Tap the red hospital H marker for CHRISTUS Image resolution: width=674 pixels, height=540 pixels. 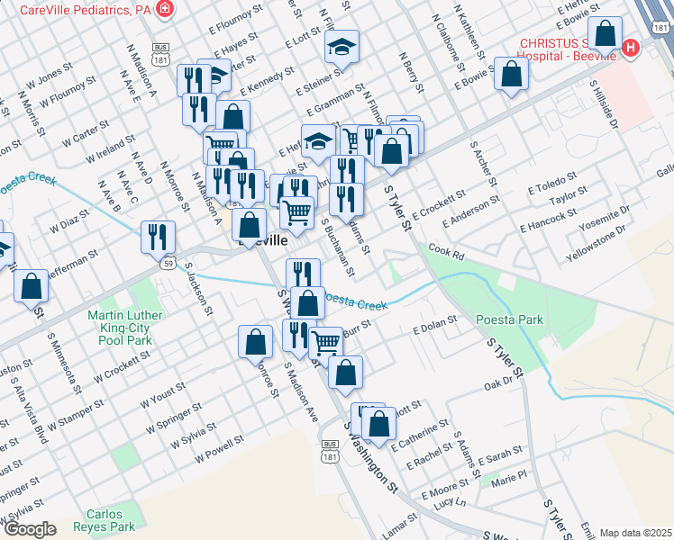click(631, 47)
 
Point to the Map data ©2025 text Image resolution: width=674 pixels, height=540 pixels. click(635, 533)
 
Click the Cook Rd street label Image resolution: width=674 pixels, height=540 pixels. click(446, 255)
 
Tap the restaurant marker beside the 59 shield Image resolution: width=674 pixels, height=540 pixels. click(158, 237)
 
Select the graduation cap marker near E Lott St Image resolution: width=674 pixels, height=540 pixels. click(342, 47)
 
